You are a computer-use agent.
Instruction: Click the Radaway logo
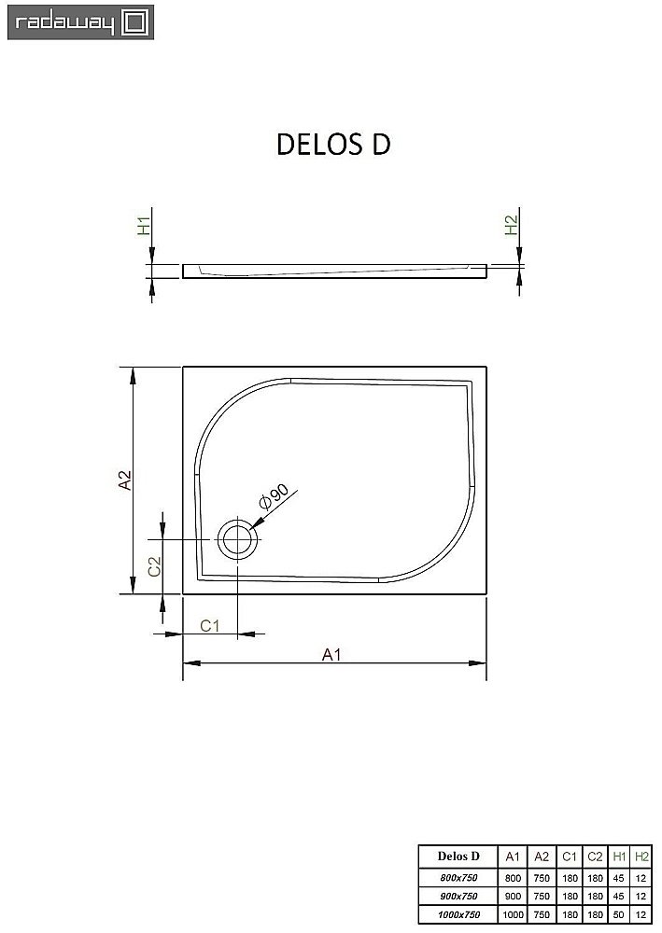pos(79,22)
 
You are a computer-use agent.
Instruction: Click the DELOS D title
pos(332,145)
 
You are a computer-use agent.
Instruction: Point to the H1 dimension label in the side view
pos(144,225)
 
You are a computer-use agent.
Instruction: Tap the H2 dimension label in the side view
pos(510,225)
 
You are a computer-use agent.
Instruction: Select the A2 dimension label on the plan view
pos(124,480)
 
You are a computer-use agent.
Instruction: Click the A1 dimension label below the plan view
pos(331,654)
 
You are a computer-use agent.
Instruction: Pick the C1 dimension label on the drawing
pos(210,625)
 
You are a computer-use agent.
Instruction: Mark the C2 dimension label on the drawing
pos(156,565)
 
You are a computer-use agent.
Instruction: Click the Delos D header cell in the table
pos(458,856)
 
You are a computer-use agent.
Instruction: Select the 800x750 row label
pos(458,878)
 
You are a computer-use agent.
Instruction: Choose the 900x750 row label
pos(458,896)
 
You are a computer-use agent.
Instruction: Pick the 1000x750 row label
pos(458,914)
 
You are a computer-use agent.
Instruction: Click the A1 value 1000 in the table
pos(512,914)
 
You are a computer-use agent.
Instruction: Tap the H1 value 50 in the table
pos(619,914)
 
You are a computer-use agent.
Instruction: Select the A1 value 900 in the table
pos(512,896)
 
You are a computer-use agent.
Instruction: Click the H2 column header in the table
pos(641,856)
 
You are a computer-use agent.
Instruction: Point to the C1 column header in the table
pos(569,856)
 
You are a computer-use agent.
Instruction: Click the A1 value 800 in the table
pos(512,878)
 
